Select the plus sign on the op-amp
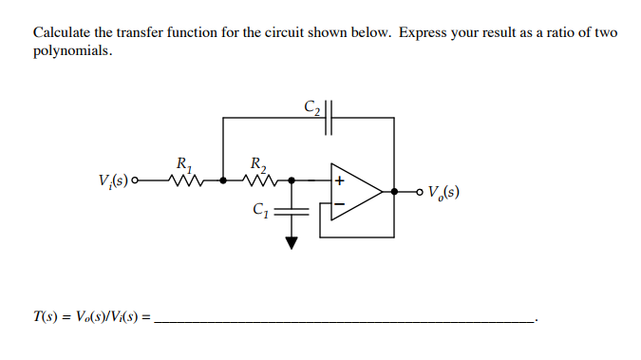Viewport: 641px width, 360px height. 338,179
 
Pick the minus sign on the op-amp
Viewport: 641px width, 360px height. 338,207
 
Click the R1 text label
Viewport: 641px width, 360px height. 181,161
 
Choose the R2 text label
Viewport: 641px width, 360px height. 256,161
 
